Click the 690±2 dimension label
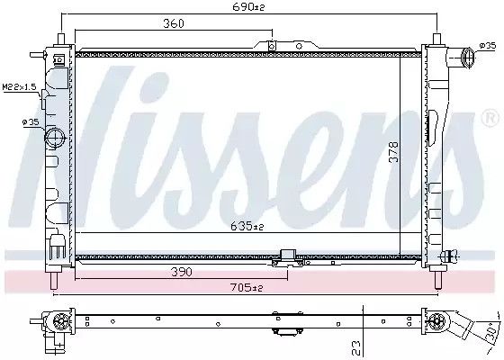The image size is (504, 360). coord(248,7)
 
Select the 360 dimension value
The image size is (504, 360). coord(173,23)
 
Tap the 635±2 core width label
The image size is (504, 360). coord(247,226)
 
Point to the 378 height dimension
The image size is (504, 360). coord(393,152)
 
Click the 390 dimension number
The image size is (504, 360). coord(182,272)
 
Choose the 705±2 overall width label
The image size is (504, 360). coord(247,287)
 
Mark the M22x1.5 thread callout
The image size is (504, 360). coord(19,86)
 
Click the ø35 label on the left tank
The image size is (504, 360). coord(31,121)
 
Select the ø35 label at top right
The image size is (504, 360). coord(488,46)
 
